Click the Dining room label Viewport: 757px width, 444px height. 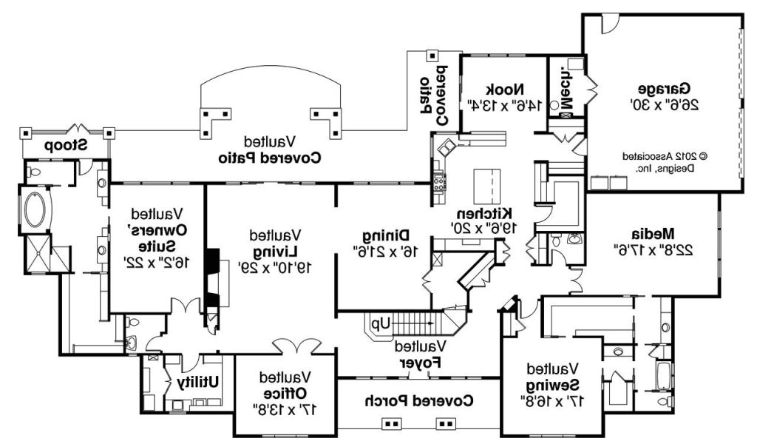(x=382, y=235)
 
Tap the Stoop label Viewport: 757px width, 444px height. (x=64, y=145)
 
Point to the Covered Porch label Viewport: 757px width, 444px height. (x=420, y=400)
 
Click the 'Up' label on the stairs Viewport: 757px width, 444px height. (x=380, y=323)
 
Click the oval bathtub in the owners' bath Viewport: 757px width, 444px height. (x=35, y=209)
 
